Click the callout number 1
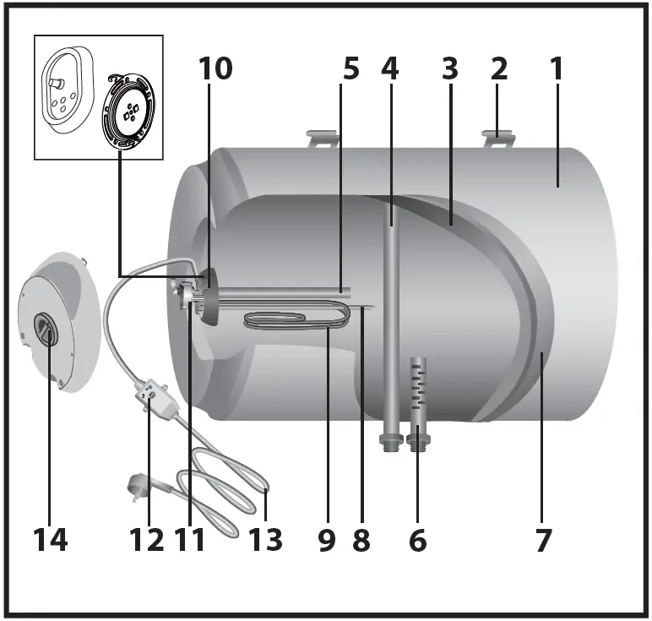point(557,69)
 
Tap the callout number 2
point(499,69)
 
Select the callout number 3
point(448,69)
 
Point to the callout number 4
point(389,69)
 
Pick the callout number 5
point(350,69)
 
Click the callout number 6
point(418,539)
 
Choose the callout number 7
point(543,539)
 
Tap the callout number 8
point(361,539)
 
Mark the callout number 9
point(327,539)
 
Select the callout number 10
point(215,69)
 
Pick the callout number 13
point(265,539)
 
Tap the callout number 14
point(50,539)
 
